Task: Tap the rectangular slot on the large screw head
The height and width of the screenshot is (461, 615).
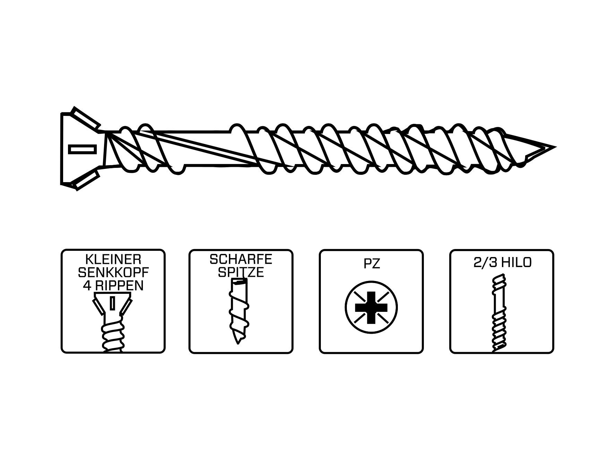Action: pyautogui.click(x=82, y=150)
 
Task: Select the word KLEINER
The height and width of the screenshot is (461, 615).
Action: pyautogui.click(x=113, y=259)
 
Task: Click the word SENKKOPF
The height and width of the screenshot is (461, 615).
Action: pyautogui.click(x=113, y=272)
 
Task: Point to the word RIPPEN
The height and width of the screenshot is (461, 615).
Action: pyautogui.click(x=120, y=285)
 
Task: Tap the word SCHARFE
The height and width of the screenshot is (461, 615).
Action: pyautogui.click(x=241, y=259)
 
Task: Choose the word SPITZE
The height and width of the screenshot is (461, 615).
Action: pyautogui.click(x=241, y=272)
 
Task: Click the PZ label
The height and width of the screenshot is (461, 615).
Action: pyautogui.click(x=371, y=264)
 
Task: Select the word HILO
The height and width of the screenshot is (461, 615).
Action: pyautogui.click(x=515, y=263)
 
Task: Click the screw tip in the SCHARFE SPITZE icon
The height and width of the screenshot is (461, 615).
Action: pyautogui.click(x=238, y=338)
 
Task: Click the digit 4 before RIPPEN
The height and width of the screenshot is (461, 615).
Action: pyautogui.click(x=87, y=285)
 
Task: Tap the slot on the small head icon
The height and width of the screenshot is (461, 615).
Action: pyautogui.click(x=112, y=303)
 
